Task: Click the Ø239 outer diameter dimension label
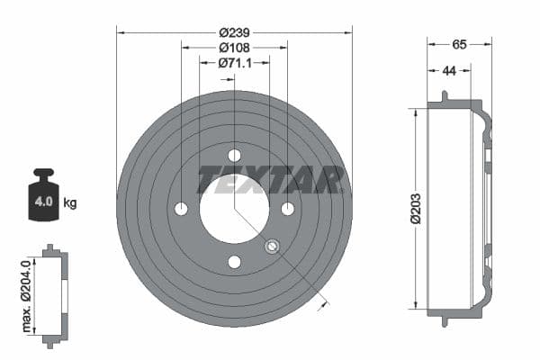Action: tap(234, 30)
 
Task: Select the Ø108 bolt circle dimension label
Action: tap(234, 47)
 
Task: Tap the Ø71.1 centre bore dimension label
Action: tap(234, 63)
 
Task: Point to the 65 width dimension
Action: tap(459, 42)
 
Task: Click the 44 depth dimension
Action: tap(448, 71)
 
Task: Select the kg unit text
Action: tap(70, 202)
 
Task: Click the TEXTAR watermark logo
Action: tap(270, 180)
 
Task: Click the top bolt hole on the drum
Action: tap(234, 156)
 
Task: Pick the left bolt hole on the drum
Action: tap(181, 209)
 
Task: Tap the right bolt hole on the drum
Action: tap(288, 209)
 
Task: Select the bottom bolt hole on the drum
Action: tap(234, 262)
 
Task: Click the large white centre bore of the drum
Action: tap(234, 209)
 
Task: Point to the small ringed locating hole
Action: tap(273, 247)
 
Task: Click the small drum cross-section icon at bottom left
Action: tap(55, 294)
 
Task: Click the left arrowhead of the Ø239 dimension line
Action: tap(119, 31)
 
